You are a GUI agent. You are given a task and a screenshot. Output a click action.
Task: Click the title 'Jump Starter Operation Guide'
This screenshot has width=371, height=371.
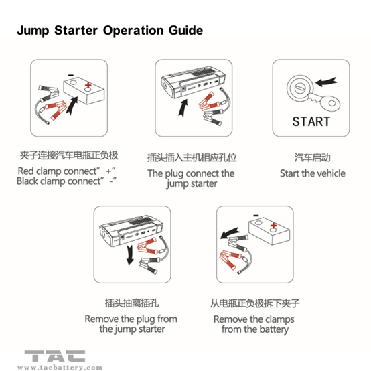[x=108, y=31]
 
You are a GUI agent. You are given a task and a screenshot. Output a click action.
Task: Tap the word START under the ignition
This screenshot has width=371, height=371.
[x=311, y=121]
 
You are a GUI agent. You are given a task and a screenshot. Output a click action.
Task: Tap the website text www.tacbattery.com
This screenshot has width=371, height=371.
[x=60, y=367]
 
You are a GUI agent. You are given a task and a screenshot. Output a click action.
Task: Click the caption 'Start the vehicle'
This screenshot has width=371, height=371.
[x=312, y=173]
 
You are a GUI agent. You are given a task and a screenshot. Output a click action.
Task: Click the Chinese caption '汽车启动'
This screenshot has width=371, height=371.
[x=312, y=158]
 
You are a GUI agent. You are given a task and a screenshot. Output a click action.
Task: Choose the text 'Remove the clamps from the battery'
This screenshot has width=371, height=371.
[x=254, y=324]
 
